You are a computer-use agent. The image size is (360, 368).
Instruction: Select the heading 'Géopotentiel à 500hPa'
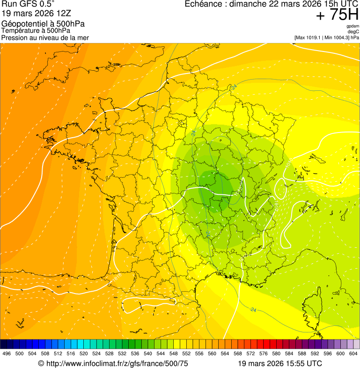click(44, 24)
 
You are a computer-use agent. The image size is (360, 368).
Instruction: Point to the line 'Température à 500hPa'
click(36, 31)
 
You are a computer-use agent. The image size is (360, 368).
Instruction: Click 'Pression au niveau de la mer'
click(45, 37)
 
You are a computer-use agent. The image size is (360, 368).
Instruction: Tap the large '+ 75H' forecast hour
click(337, 15)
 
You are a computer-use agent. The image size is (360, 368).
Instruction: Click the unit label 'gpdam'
click(353, 26)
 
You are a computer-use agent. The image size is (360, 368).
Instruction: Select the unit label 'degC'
click(353, 31)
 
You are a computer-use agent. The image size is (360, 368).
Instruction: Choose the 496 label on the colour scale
click(7, 353)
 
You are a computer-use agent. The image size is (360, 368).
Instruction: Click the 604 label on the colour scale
click(353, 353)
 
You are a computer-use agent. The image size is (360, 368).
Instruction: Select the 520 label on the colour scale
click(83, 353)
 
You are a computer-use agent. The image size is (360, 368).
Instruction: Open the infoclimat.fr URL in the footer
click(117, 363)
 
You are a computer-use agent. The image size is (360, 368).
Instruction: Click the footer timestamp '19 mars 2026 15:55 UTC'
click(280, 363)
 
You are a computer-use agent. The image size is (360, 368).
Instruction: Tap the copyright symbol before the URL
click(41, 363)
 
